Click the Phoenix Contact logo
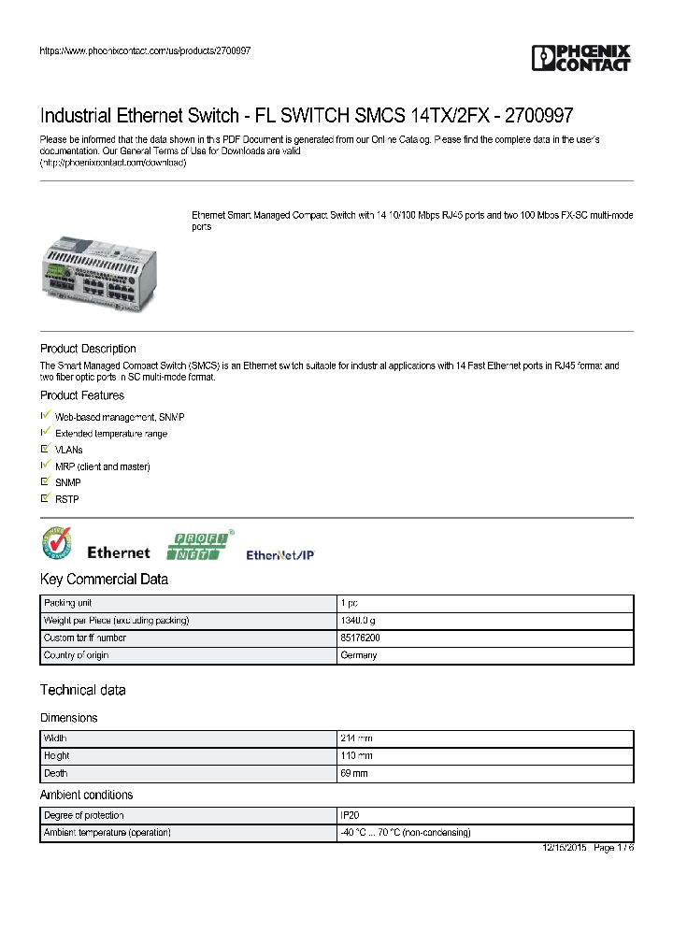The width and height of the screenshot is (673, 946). click(580, 58)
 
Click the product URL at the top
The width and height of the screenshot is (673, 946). click(145, 50)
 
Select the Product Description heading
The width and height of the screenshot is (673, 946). click(88, 349)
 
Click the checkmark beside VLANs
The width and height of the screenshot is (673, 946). click(45, 449)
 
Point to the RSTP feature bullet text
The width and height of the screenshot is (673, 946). click(67, 499)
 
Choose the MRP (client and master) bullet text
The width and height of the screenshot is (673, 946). click(103, 466)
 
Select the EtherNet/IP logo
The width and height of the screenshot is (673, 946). click(280, 555)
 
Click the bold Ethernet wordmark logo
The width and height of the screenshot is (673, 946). click(119, 552)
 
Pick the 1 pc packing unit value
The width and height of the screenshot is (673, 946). click(350, 604)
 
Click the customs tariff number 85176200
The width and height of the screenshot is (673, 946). click(360, 638)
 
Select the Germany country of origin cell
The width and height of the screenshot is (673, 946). click(359, 655)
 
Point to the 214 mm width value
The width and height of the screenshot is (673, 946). click(356, 738)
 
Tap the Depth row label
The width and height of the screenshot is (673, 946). click(56, 773)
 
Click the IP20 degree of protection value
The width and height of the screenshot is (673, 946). click(350, 815)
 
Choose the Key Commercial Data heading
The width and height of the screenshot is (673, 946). click(104, 580)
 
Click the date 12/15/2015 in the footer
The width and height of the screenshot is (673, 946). click(565, 848)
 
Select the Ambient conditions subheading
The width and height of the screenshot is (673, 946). click(86, 795)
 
